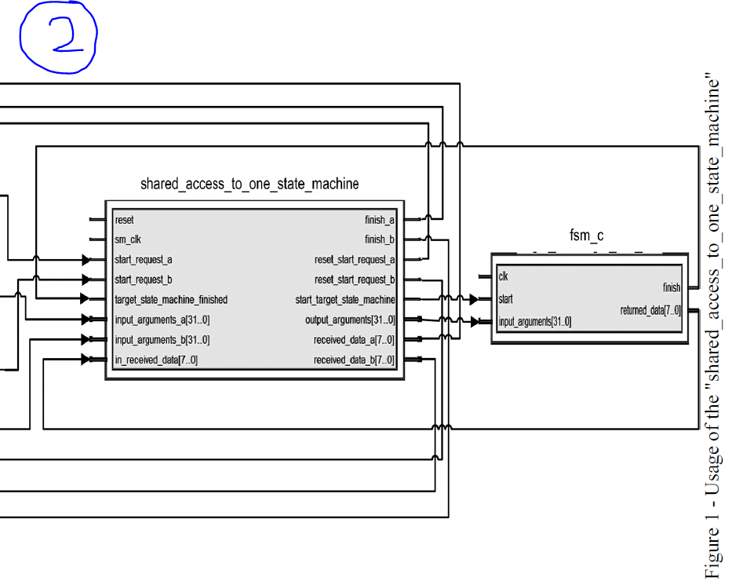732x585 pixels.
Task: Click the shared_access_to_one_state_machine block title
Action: tap(249, 185)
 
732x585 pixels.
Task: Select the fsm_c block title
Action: tap(586, 236)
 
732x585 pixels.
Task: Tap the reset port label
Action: tap(124, 221)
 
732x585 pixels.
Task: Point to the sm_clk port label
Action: tap(128, 240)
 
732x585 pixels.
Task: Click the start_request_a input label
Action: tap(144, 260)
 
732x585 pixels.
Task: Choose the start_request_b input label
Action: tap(144, 280)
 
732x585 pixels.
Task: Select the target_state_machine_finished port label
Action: tap(171, 300)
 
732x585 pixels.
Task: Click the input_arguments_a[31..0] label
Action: tap(162, 320)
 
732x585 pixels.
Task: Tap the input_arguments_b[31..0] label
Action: tap(162, 340)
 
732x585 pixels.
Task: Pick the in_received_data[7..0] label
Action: tap(156, 360)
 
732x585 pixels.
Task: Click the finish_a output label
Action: tap(380, 221)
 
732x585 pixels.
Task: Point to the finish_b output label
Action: tap(380, 240)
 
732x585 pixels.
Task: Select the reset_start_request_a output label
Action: tap(355, 260)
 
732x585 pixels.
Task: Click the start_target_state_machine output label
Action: tap(345, 300)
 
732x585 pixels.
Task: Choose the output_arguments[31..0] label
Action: tap(350, 320)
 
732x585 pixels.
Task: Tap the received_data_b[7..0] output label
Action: tap(354, 360)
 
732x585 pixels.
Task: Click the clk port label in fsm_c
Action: tap(503, 276)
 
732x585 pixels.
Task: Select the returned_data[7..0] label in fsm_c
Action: tap(650, 311)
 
